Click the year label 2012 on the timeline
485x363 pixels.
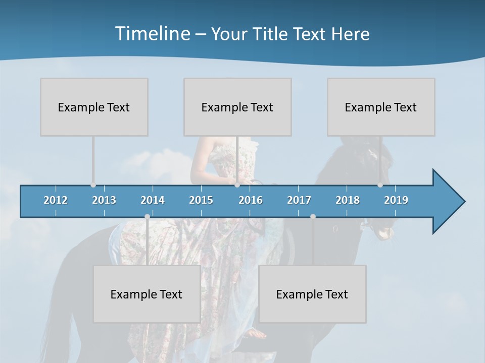click(56, 200)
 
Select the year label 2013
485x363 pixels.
click(104, 200)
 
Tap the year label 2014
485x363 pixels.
click(153, 200)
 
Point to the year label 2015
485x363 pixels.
click(201, 200)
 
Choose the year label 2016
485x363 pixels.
click(251, 200)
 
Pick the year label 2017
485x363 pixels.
click(299, 200)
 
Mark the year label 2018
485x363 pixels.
click(348, 200)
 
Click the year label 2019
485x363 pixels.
click(396, 200)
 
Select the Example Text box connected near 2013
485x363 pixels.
click(94, 107)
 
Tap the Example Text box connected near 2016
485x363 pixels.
click(237, 107)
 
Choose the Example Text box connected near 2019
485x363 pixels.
click(381, 107)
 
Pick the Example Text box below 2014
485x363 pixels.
click(147, 294)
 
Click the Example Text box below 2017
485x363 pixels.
click(312, 294)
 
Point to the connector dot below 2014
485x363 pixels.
click(147, 216)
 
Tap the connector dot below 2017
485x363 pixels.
click(313, 216)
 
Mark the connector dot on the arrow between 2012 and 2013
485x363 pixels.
click(93, 185)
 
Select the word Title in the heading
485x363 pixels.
click(273, 34)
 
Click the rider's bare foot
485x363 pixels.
click(257, 333)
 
